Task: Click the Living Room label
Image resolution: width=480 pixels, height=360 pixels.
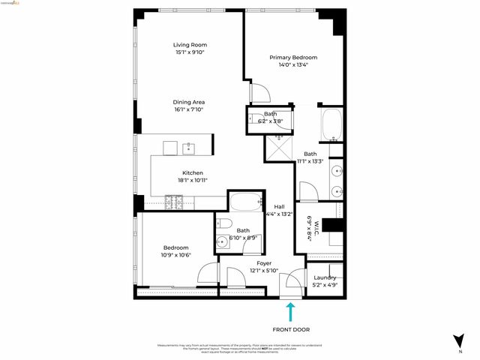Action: tap(190, 45)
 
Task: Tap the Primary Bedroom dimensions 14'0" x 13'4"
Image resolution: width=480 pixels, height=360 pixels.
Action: tap(294, 64)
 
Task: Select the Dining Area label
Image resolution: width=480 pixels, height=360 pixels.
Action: tap(189, 102)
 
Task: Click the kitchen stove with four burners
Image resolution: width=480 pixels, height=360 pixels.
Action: tap(174, 202)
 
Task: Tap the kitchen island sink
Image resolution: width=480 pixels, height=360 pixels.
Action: tap(189, 147)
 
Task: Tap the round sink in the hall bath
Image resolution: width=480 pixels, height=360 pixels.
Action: tap(223, 241)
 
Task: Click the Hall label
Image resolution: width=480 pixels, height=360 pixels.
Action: tap(279, 207)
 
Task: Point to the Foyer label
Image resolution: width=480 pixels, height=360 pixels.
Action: tap(264, 263)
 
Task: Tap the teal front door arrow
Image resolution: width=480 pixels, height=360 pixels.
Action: tap(290, 312)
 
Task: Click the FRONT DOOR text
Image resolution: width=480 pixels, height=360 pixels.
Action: tap(291, 329)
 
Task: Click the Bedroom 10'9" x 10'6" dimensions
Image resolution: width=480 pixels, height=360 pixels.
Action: tap(176, 255)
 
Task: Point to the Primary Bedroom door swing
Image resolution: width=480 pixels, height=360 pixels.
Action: tap(258, 94)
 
